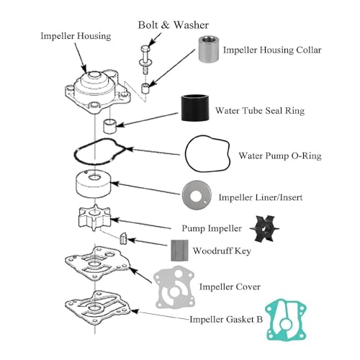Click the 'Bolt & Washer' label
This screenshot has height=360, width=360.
pyautogui.click(x=174, y=25)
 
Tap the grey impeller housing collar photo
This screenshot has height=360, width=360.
pyautogui.click(x=209, y=49)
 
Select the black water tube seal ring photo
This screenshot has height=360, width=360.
pyautogui.click(x=195, y=108)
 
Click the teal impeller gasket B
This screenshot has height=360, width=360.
pyautogui.click(x=286, y=320)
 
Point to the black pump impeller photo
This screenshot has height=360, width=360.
pyautogui.click(x=264, y=228)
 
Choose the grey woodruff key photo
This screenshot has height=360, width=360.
pyautogui.click(x=179, y=251)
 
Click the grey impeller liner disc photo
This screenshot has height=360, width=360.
pyautogui.click(x=197, y=195)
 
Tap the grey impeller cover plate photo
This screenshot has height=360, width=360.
pyautogui.click(x=174, y=287)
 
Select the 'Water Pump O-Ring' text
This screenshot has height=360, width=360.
pyautogui.click(x=280, y=156)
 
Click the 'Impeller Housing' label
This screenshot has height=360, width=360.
pyautogui.click(x=76, y=36)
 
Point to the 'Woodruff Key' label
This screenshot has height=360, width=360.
pyautogui.click(x=222, y=251)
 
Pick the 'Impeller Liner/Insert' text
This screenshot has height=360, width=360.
pyautogui.click(x=261, y=197)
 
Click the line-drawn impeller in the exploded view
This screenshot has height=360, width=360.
pyautogui.click(x=94, y=217)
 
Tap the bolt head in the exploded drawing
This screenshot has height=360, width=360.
pyautogui.click(x=145, y=49)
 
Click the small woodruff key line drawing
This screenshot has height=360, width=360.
pyautogui.click(x=123, y=238)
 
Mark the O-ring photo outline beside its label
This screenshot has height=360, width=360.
pyautogui.click(x=186, y=153)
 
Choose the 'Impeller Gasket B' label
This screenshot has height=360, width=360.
pyautogui.click(x=226, y=320)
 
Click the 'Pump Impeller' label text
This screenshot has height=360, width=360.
pyautogui.click(x=212, y=228)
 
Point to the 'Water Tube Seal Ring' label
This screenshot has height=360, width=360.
pyautogui.click(x=260, y=111)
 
